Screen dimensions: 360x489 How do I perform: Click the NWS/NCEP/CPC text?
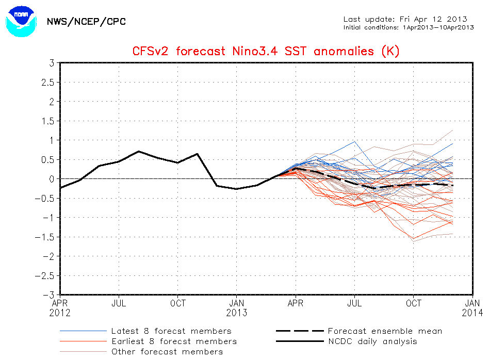tap(86, 22)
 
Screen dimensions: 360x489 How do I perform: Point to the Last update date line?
tap(405, 19)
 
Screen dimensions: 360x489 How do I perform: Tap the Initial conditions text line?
tap(409, 27)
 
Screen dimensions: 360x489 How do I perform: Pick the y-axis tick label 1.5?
tap(48, 121)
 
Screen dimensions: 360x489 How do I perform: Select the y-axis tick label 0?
tap(53, 179)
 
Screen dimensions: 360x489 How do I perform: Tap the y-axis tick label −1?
tap(50, 218)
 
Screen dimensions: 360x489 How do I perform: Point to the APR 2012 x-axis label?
tap(60, 308)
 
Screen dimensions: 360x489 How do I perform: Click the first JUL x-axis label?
tap(119, 304)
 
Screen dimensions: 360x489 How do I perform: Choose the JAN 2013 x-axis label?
tap(237, 308)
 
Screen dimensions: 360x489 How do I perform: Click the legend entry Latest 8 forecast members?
tap(171, 331)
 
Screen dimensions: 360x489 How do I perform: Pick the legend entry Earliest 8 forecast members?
tap(174, 341)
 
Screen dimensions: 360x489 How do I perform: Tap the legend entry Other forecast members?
tap(167, 352)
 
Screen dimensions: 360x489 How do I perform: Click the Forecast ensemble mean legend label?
tap(385, 331)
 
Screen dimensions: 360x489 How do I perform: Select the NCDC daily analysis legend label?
tap(372, 341)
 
